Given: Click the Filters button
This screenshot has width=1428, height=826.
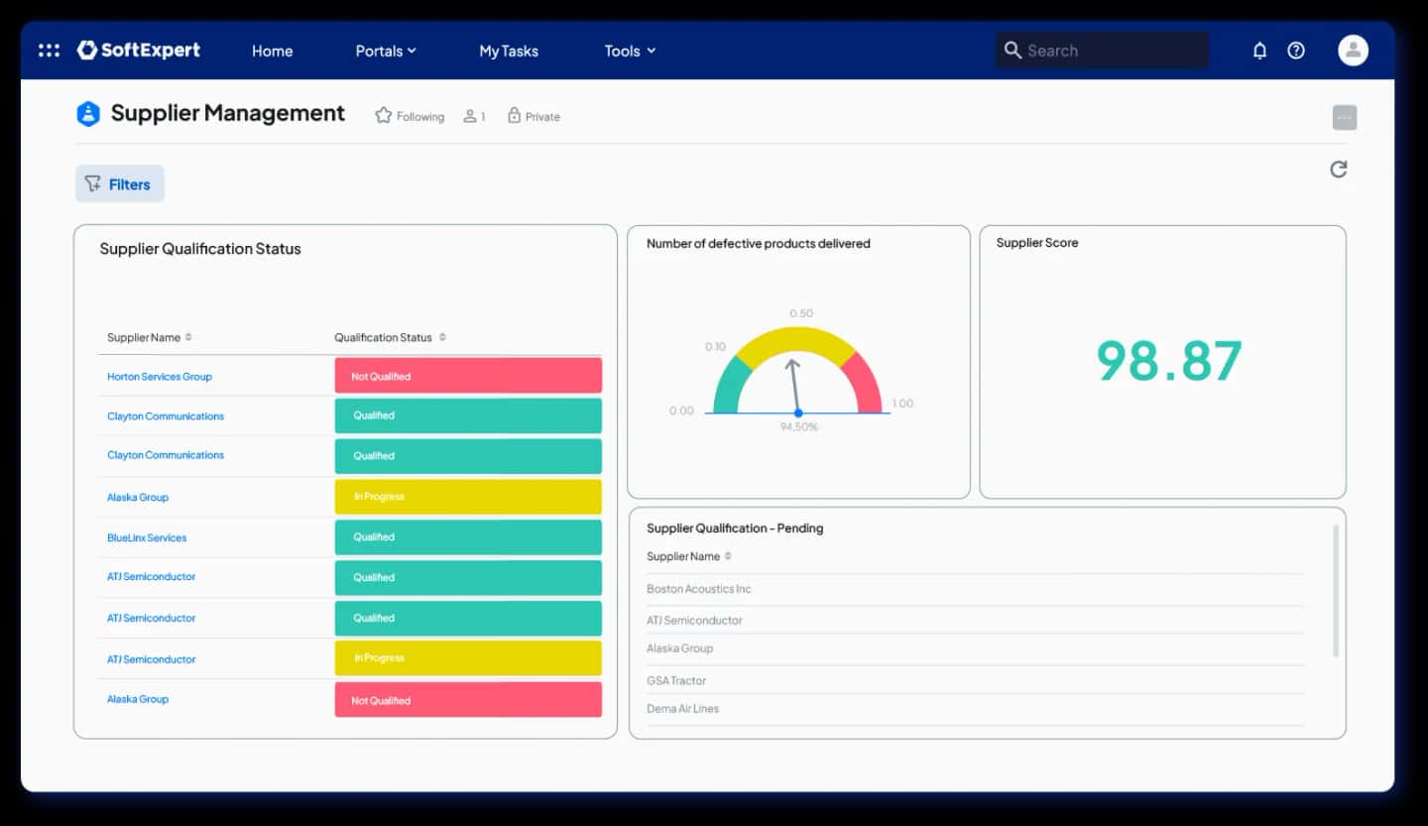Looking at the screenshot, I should tap(119, 184).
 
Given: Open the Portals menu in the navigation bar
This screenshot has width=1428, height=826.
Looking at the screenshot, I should tap(385, 52).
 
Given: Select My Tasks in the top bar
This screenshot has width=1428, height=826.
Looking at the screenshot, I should tap(509, 52).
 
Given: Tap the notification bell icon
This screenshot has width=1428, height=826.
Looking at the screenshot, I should tap(1259, 51).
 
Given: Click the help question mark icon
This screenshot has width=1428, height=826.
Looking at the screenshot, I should tap(1296, 51).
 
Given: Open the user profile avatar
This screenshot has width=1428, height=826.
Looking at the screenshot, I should tap(1353, 51).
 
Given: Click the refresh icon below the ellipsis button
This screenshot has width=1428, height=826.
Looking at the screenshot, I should tap(1339, 170).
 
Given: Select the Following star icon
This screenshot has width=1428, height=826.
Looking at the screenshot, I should tap(384, 116).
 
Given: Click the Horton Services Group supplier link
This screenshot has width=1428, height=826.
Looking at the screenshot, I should tap(160, 377).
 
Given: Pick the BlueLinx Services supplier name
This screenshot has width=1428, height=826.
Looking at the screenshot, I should tap(147, 537).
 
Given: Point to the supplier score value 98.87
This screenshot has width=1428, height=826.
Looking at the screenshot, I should tap(1168, 361).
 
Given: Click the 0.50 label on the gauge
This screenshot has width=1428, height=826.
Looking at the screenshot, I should tap(801, 313).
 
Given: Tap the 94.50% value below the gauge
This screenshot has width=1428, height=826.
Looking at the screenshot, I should tap(798, 427).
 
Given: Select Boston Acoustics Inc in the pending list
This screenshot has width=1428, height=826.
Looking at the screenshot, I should tap(698, 589).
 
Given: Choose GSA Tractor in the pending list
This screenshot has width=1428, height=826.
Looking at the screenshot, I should tap(676, 680).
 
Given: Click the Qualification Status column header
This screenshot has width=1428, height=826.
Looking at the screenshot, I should tap(384, 337).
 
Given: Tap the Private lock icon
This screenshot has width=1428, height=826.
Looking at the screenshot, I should tap(514, 116).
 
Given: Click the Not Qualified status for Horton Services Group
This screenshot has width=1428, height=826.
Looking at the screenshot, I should tap(468, 376).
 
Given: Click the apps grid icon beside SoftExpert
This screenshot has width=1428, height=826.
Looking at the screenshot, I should tap(49, 51).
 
